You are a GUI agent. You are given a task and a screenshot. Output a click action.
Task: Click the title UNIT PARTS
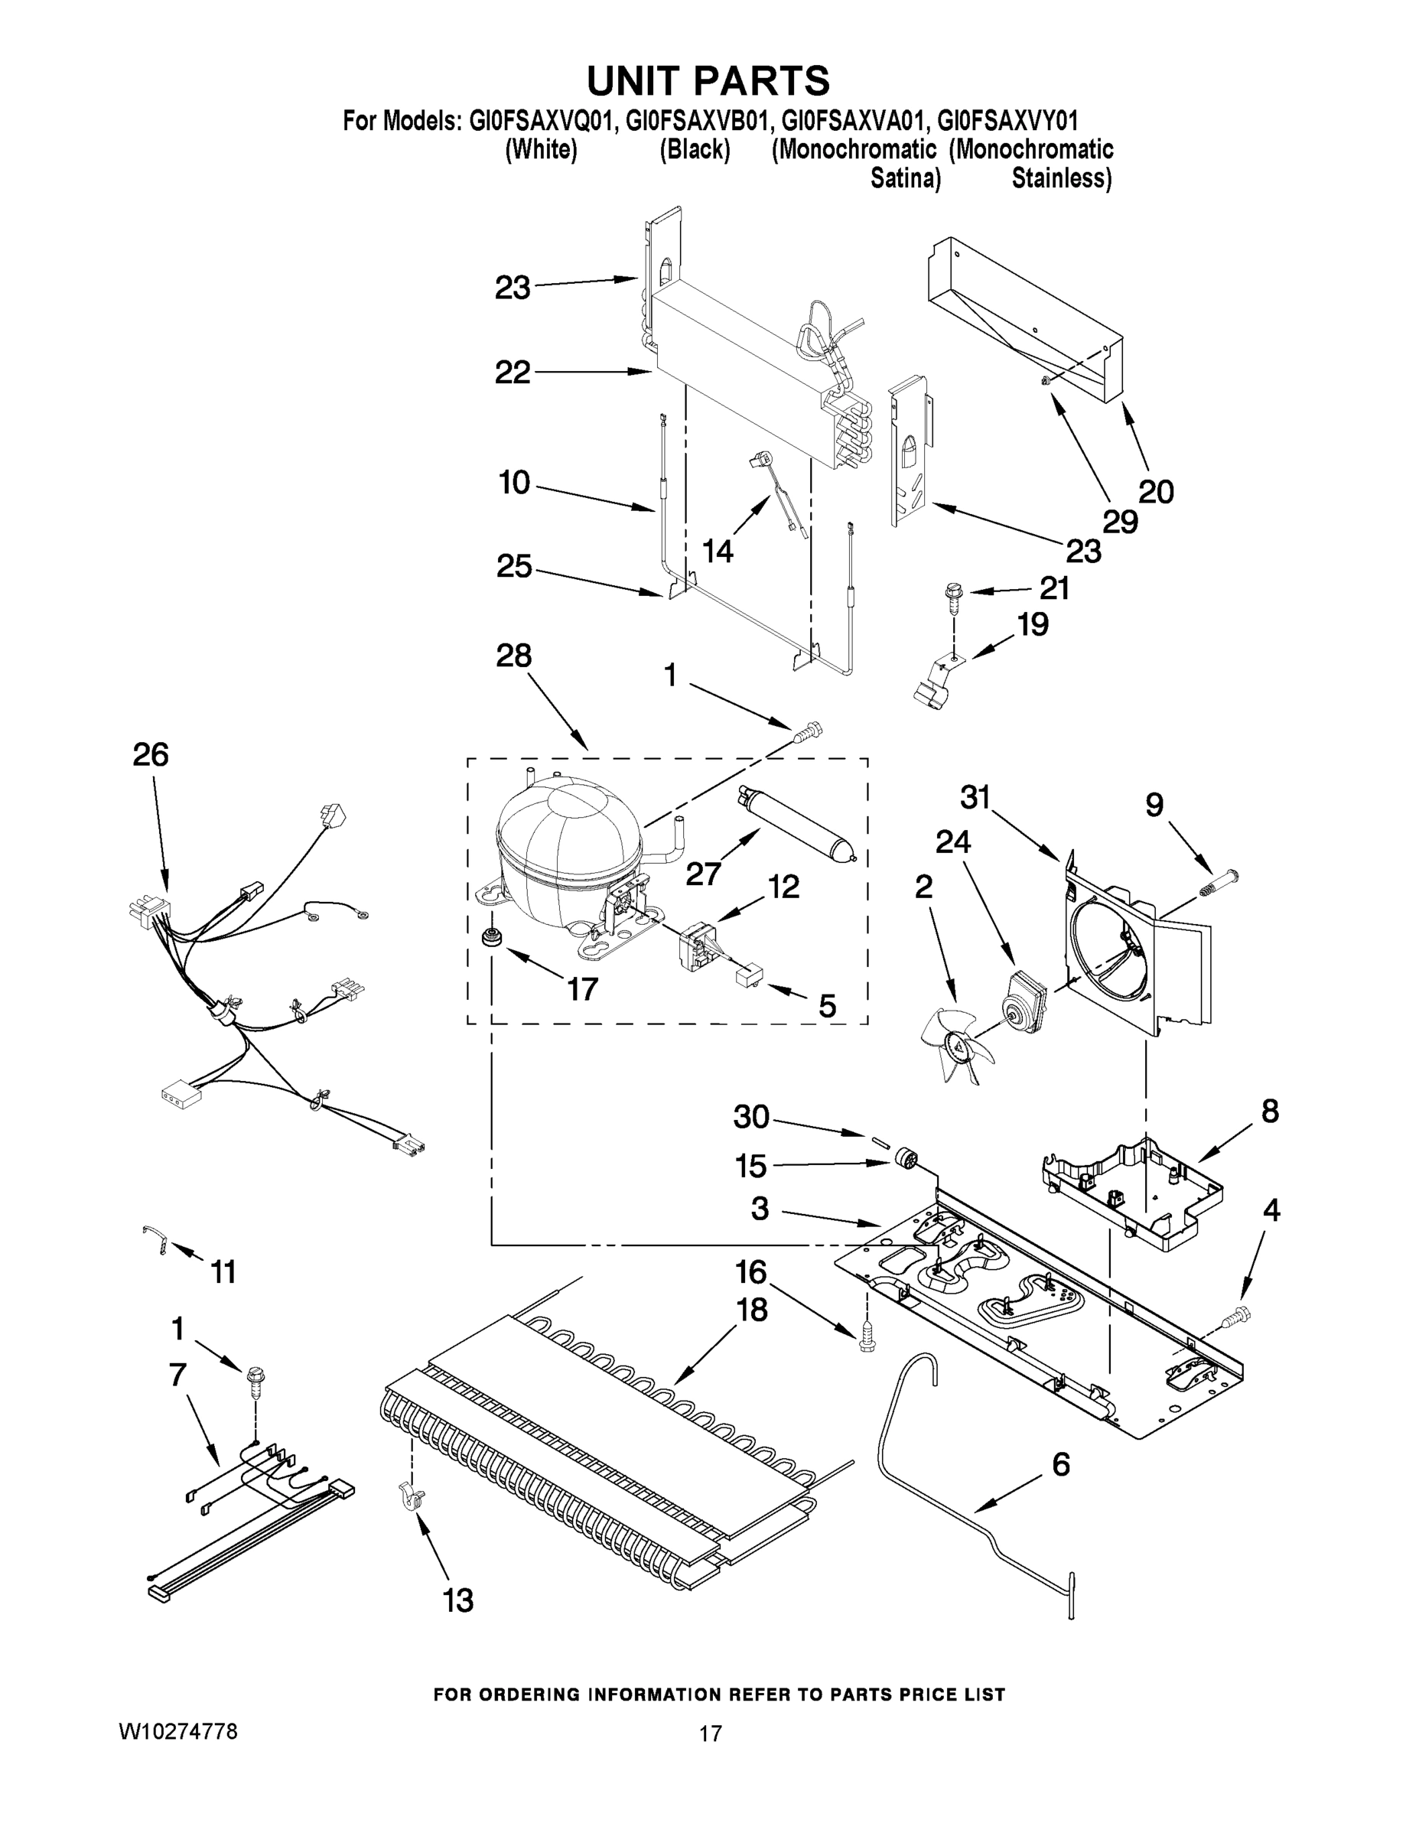(708, 82)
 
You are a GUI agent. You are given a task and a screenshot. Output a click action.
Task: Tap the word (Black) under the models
(695, 151)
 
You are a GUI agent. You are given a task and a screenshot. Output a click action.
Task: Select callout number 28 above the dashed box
(513, 656)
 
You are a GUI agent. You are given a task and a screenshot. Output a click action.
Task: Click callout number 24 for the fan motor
(952, 841)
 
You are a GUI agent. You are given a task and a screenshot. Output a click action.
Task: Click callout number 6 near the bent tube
(1061, 1464)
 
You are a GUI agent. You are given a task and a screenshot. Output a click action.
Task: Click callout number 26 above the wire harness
(151, 754)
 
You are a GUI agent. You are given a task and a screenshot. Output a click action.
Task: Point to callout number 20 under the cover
(1155, 491)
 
